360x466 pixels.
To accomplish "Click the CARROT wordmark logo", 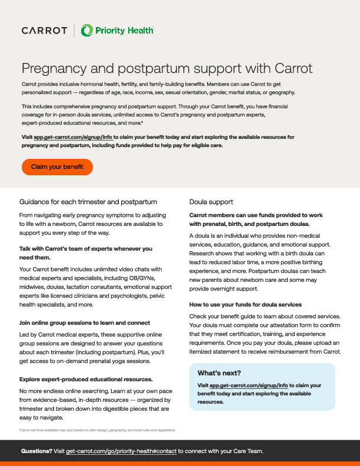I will coord(44,30).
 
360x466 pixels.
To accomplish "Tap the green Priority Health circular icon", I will coord(87,30).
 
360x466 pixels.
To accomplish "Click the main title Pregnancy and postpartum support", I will coord(166,68).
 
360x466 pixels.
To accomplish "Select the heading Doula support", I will coord(211,202).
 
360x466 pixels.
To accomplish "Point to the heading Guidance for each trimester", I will coord(88,202).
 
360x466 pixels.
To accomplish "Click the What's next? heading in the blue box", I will coord(219,373).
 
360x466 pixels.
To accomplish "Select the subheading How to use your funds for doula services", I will coord(246,304).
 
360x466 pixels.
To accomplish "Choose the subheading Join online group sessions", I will coord(85,323).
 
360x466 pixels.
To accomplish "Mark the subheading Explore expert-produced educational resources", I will coord(86,379).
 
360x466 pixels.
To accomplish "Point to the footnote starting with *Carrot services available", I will coord(97,430).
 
